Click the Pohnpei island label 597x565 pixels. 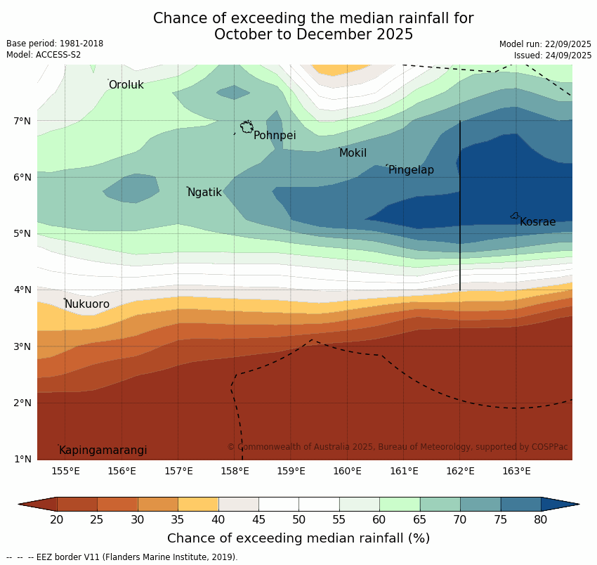coord(275,136)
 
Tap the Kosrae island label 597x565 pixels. coord(537,222)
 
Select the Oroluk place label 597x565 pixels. coord(126,85)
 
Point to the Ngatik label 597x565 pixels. coord(204,193)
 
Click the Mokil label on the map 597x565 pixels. coord(353,153)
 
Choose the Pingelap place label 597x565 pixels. coord(411,170)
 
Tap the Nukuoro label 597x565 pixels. coord(87,304)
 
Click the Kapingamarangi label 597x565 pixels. coord(103,450)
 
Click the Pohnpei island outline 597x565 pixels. coord(247,127)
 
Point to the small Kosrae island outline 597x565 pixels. coord(515,216)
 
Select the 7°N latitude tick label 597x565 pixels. coord(22,121)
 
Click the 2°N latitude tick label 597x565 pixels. coord(22,403)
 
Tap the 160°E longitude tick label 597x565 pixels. coord(347,471)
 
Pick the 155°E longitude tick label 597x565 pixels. coord(65,471)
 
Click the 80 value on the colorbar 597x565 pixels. coord(541,520)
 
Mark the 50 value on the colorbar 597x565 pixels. coord(298,520)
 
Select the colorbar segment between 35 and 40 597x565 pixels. coord(198,504)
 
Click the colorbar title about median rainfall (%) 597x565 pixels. coord(298,539)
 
